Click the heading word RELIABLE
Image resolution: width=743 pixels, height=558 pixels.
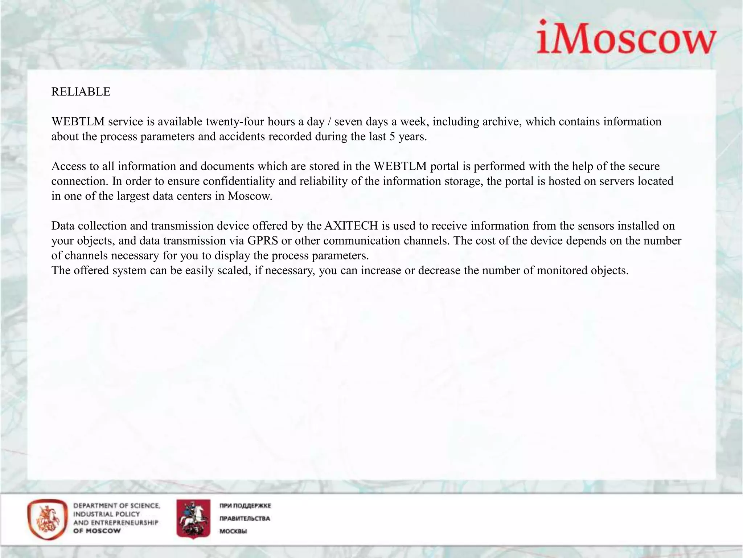(81, 92)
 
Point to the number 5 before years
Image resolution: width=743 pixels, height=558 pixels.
(392, 137)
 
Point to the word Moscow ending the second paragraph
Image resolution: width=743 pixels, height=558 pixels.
(250, 196)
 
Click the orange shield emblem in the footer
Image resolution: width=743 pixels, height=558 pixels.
(47, 519)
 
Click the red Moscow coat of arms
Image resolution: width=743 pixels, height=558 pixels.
(193, 518)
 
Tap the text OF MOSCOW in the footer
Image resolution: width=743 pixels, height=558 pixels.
(97, 531)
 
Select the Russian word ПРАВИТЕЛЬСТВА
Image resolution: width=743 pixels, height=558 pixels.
(245, 518)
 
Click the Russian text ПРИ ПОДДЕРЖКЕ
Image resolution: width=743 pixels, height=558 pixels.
(245, 506)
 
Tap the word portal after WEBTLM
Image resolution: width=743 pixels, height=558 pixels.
(445, 166)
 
